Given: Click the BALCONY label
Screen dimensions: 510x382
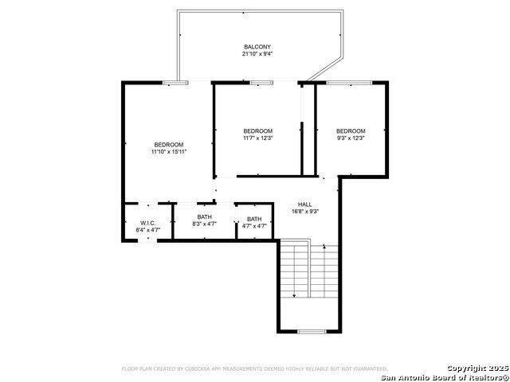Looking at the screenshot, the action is click(x=257, y=47).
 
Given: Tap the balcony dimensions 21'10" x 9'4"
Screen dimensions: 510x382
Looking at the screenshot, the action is click(x=257, y=54).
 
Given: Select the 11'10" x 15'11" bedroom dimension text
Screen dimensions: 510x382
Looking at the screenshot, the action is click(x=168, y=152).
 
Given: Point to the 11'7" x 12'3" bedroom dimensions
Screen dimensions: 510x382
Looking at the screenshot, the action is click(x=257, y=138).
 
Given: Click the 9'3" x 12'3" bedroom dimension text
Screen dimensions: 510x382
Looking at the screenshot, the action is click(x=351, y=138).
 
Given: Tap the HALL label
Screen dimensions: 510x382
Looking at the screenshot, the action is click(x=304, y=205).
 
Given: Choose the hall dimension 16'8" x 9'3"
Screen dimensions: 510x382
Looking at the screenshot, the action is click(x=304, y=212).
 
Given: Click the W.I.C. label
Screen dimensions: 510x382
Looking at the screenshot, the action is click(x=148, y=223).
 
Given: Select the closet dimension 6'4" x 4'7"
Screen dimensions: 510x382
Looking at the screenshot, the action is click(x=148, y=230).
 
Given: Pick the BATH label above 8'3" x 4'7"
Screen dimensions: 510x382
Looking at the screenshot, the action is click(x=204, y=216).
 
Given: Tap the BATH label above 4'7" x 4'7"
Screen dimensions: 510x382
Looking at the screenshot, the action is click(x=254, y=219).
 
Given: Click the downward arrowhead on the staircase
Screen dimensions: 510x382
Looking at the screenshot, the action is click(x=294, y=295).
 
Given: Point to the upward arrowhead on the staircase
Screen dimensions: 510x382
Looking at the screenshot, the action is click(x=324, y=247).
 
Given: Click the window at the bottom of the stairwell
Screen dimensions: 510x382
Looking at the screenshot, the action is click(x=312, y=332).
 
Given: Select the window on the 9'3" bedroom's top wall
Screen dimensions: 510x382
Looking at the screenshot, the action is click(x=349, y=83).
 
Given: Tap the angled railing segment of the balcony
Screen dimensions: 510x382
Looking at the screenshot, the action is click(x=325, y=69).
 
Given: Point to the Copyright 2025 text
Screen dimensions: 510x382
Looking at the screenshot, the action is click(x=477, y=368).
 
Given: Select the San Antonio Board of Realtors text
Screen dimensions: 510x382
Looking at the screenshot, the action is click(x=445, y=378).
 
